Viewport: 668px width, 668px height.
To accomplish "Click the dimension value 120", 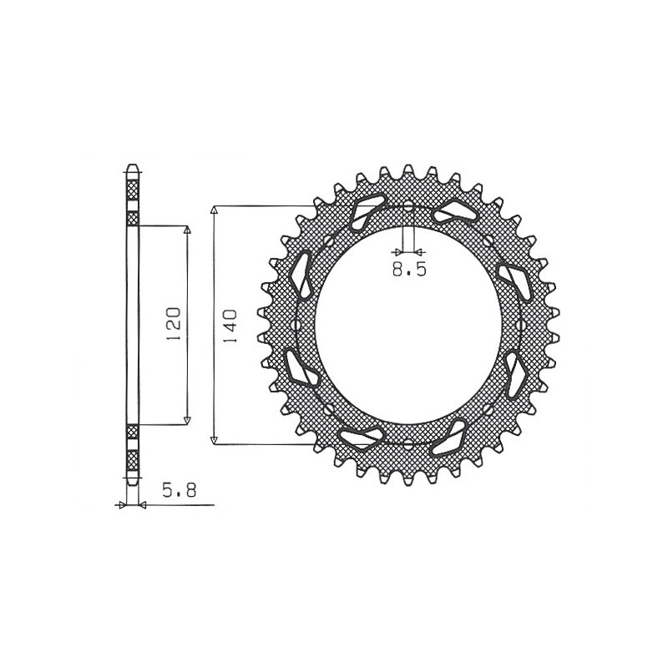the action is tap(174, 323).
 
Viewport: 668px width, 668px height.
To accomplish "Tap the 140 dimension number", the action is tap(229, 326).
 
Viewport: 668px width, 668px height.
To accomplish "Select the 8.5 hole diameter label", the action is tap(409, 269).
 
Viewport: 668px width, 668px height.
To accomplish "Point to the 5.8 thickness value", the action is tap(180, 490).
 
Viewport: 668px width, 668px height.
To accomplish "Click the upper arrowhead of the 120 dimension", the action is tap(186, 230).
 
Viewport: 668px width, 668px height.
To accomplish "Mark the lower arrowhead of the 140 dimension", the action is tap(215, 439).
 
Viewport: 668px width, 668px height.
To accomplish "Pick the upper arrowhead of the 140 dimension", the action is tap(215, 210).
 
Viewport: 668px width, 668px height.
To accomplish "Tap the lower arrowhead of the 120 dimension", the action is tap(186, 420).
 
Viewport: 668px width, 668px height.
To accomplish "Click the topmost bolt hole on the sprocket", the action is tap(408, 207).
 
